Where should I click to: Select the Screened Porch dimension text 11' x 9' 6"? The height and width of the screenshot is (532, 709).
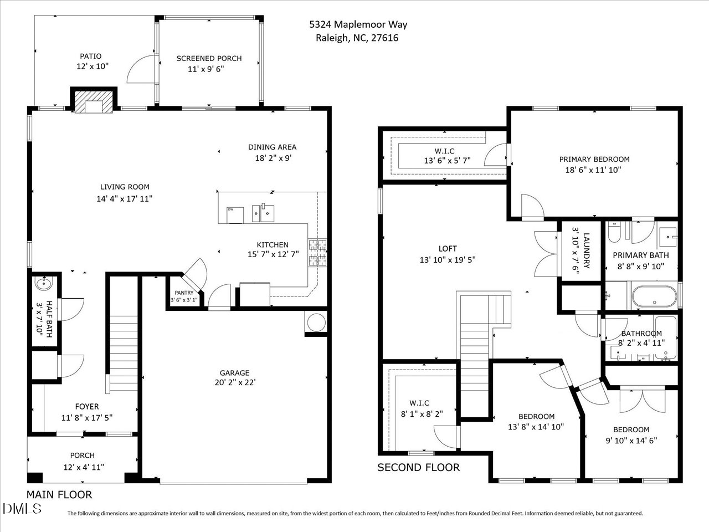[209, 69]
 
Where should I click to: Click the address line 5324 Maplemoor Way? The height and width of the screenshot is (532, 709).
[358, 24]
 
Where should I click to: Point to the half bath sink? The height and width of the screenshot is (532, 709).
[43, 284]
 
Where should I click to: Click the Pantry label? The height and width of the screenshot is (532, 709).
[184, 293]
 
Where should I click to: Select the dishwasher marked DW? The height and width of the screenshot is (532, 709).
[231, 214]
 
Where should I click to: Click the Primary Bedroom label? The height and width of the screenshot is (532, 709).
[594, 159]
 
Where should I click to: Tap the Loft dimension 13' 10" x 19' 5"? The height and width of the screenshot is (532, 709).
[448, 259]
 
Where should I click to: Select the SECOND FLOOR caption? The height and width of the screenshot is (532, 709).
[418, 467]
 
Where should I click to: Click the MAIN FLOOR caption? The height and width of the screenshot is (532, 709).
[59, 494]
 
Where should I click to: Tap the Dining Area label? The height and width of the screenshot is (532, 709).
[272, 147]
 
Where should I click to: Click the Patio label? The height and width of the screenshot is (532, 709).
[91, 56]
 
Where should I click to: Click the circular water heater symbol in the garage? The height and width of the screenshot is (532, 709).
[316, 321]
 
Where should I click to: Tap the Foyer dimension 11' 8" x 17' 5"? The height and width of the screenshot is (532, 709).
[87, 418]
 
